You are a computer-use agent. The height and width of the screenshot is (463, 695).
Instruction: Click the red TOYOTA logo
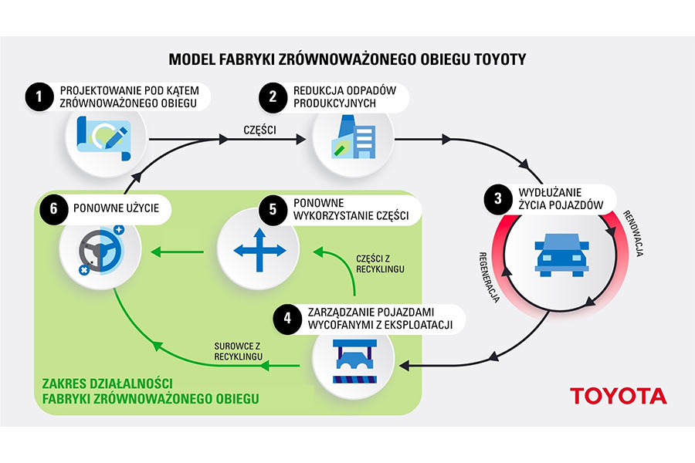tap(618, 396)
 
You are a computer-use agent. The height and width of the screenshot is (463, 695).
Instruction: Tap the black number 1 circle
tap(36, 96)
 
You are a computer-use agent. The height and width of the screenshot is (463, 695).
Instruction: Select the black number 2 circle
tap(272, 96)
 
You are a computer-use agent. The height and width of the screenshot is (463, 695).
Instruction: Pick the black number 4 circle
tap(287, 317)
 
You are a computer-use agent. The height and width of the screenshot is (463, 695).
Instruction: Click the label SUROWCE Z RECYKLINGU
tap(239, 350)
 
